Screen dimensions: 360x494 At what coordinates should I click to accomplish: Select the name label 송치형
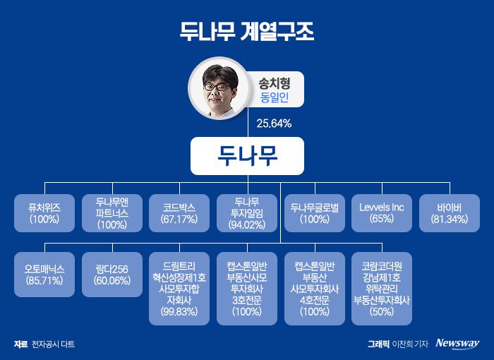tap(270, 83)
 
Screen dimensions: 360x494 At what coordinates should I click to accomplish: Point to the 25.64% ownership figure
tap(275, 123)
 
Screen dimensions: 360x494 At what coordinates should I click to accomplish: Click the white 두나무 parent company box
tap(246, 156)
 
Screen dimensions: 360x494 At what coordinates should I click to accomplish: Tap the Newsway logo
tap(457, 344)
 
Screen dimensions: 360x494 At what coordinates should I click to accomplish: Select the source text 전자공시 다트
tap(53, 344)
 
